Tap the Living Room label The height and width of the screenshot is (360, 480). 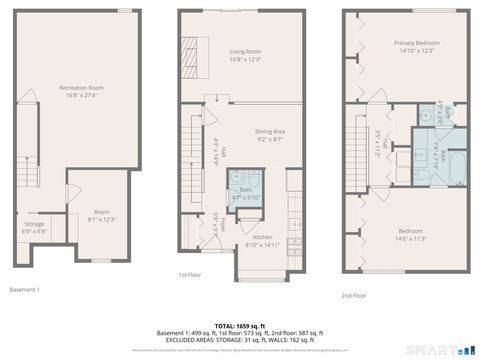(245, 51)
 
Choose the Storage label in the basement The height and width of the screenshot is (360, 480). (34, 223)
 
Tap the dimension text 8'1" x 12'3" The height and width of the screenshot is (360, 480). (102, 219)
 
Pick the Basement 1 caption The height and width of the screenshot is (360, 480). (24, 289)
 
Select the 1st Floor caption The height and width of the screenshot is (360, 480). (192, 274)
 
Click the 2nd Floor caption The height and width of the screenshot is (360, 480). (354, 295)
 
